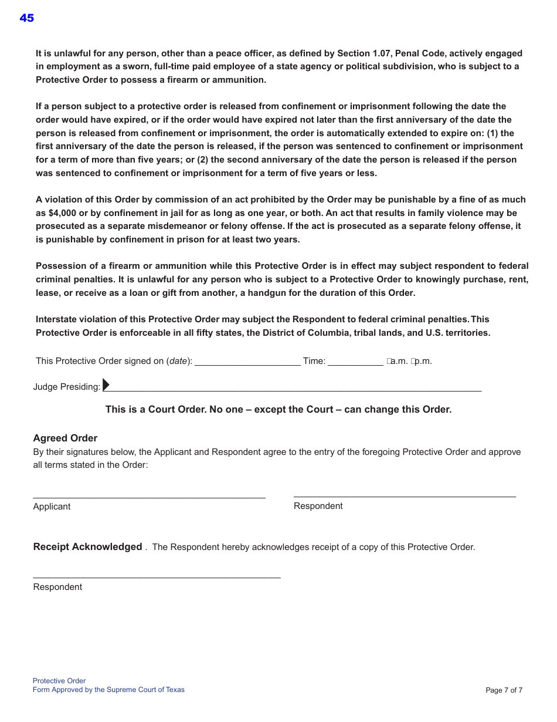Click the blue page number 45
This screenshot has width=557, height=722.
26,18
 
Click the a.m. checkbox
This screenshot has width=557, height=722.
389,362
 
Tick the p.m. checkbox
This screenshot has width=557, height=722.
413,362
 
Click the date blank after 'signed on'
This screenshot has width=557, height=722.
247,361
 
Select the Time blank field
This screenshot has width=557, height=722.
355,361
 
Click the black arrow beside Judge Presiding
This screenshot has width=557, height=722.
106,384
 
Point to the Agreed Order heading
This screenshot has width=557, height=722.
65,438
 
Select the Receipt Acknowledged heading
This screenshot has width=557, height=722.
87,546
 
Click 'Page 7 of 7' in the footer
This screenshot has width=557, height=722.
504,690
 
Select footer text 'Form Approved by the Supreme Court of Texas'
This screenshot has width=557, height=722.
108,690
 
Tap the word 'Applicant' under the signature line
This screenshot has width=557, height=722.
52,507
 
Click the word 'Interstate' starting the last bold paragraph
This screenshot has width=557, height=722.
57,319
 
